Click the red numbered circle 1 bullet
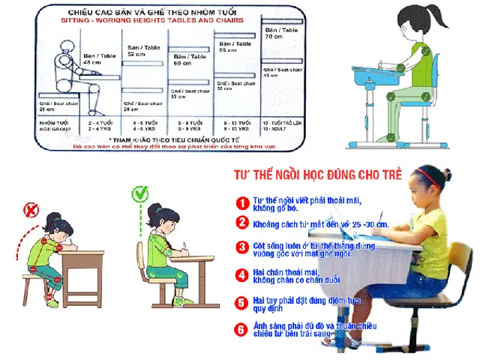point(241,202)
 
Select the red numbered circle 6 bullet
point(241,328)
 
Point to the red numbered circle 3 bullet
point(241,247)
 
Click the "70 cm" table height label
point(274,36)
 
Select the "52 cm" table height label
point(136,54)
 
